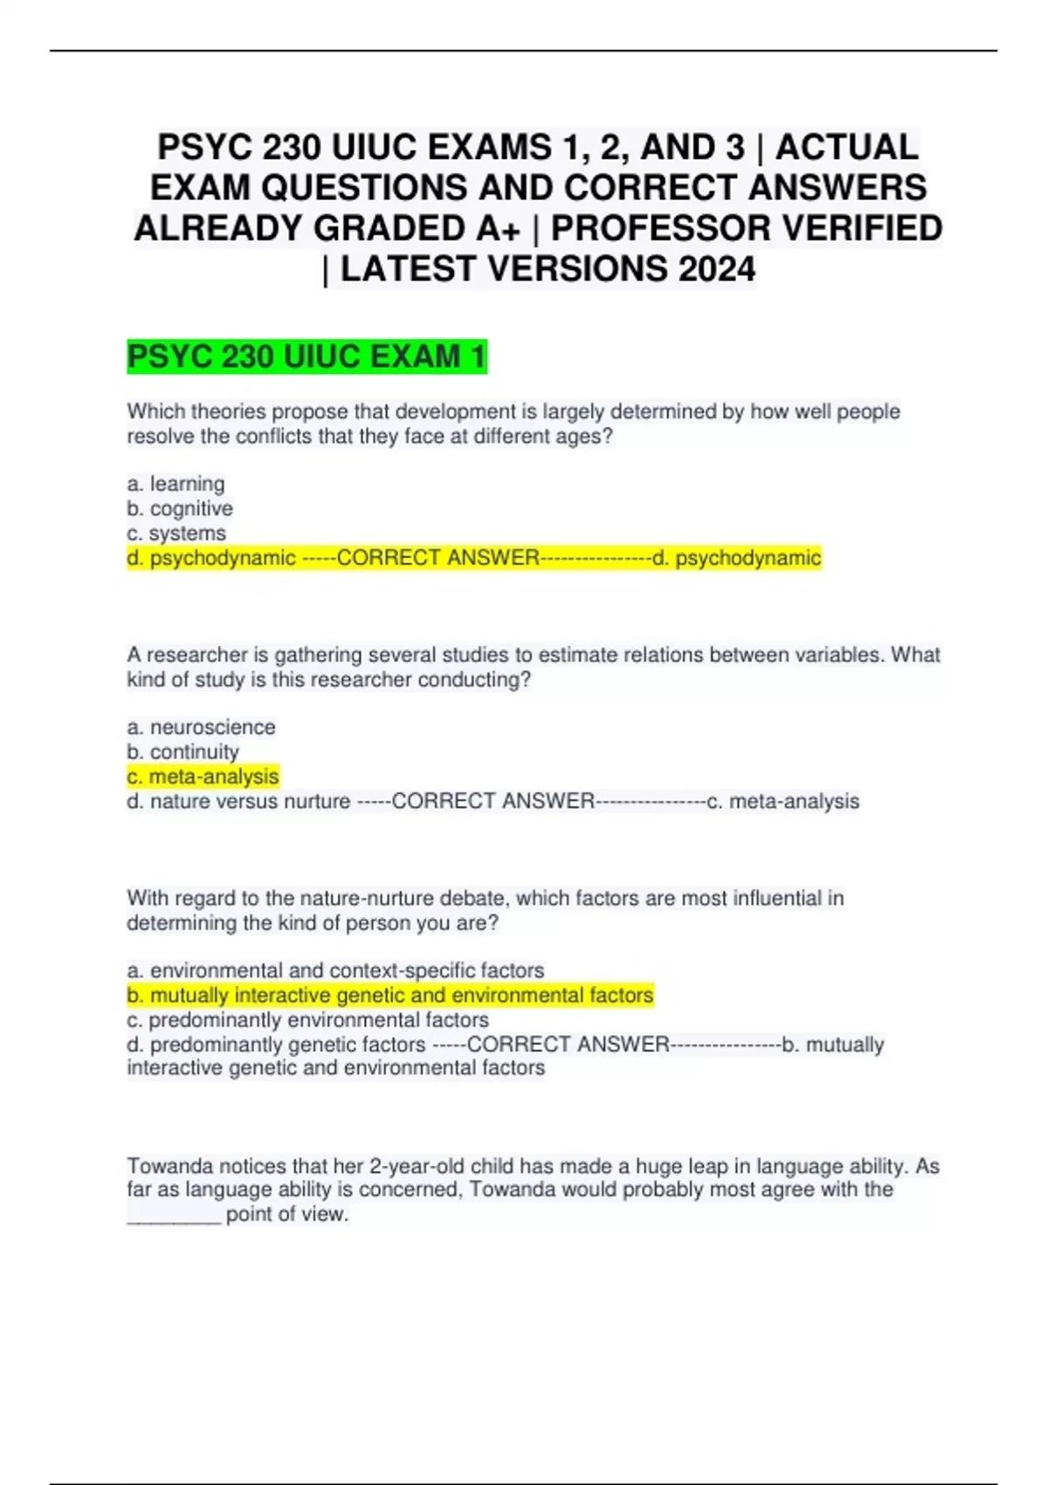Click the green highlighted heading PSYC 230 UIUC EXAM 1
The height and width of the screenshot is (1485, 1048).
point(307,357)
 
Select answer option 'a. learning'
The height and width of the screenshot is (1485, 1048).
point(176,484)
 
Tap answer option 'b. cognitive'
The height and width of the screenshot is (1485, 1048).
point(180,508)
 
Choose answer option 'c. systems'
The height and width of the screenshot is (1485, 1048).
point(176,533)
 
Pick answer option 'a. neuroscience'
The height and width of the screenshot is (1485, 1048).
point(201,727)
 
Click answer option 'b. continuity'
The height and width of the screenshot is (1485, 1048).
point(183,751)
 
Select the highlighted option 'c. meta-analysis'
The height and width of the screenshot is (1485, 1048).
point(203,777)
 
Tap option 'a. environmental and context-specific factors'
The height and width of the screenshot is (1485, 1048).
point(335,970)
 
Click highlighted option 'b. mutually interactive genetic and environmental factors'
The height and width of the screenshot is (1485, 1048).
point(390,995)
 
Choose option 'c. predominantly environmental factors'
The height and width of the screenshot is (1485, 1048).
point(307,1019)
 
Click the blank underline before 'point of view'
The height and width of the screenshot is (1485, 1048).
point(174,1217)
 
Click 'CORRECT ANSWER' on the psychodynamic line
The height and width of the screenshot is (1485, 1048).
point(438,558)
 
